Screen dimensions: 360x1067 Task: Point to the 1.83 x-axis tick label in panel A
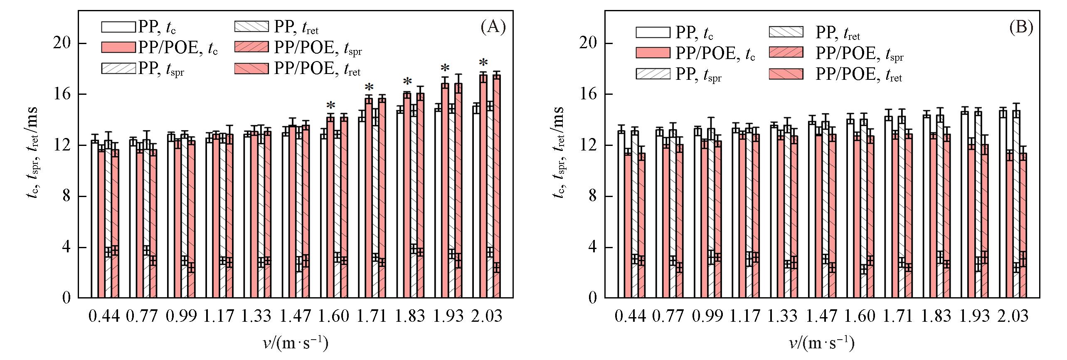410,316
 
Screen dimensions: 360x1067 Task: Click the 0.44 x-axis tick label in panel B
630,316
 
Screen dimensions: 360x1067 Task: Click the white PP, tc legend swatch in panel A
118,27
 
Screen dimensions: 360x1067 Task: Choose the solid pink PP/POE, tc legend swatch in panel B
653,52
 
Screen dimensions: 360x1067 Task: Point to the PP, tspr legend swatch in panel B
653,74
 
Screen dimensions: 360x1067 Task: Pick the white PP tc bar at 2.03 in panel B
1003,204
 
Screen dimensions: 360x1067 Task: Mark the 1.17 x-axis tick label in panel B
745,316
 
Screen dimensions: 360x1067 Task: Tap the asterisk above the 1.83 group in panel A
407,82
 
